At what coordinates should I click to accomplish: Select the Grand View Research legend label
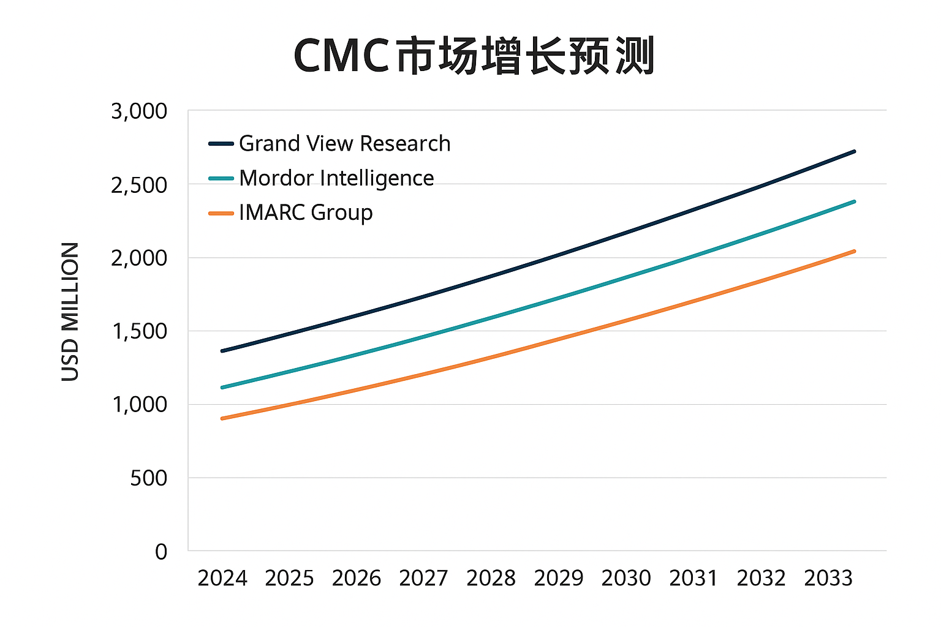tap(345, 143)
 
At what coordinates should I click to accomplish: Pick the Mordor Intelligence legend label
tap(336, 178)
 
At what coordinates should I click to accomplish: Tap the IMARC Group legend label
tap(306, 212)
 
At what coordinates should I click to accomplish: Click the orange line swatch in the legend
tap(221, 213)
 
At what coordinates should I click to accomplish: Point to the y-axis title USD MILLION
tap(70, 312)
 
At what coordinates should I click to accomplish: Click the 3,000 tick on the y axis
tap(139, 111)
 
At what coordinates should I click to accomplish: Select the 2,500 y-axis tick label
tap(139, 185)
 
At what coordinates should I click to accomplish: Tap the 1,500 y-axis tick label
tap(139, 331)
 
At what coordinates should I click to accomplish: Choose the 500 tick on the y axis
tap(148, 478)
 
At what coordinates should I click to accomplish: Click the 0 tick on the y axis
tap(161, 551)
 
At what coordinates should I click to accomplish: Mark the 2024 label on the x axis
tap(222, 578)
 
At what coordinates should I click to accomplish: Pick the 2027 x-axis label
tap(423, 578)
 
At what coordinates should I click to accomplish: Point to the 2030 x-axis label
tap(625, 578)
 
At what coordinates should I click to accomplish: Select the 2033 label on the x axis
tap(828, 578)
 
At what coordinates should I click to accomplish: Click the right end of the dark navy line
tap(853, 151)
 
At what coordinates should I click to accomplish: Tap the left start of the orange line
tap(222, 418)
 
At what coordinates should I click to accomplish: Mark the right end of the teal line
tap(853, 201)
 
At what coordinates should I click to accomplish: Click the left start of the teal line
tap(222, 387)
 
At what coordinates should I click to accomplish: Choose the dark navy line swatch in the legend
tap(221, 144)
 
